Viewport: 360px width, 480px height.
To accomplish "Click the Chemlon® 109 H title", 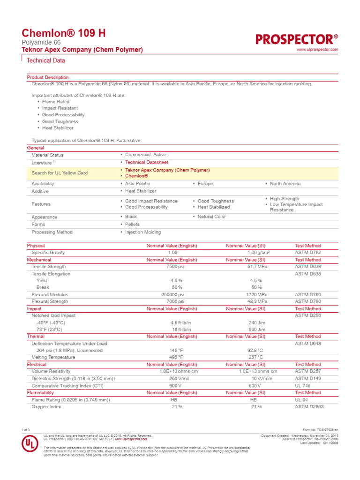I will pyautogui.click(x=64, y=33).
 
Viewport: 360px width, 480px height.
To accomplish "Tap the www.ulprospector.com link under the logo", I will pyautogui.click(x=317, y=50).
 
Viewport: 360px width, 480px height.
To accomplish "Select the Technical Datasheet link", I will pyautogui.click(x=146, y=162).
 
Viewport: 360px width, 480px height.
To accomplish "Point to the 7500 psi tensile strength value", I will pyautogui.click(x=176, y=267).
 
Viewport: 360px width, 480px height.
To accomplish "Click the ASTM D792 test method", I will pyautogui.click(x=307, y=253).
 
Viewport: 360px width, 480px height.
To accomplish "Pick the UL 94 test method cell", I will pyautogui.click(x=301, y=400).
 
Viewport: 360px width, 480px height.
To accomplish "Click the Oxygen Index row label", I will pyautogui.click(x=46, y=407).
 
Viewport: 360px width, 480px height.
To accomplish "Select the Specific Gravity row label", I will pyautogui.click(x=48, y=253).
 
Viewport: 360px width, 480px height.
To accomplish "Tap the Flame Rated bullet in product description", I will pyautogui.click(x=56, y=101).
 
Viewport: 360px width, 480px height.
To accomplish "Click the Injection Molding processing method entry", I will pyautogui.click(x=142, y=232).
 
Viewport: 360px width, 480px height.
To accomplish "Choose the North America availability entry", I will pyautogui.click(x=285, y=184).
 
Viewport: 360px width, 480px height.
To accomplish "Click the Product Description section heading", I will pyautogui.click(x=48, y=77).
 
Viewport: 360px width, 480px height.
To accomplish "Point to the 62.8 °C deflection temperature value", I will pyautogui.click(x=255, y=350).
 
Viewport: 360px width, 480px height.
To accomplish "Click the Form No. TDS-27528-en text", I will pyautogui.click(x=321, y=430).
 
